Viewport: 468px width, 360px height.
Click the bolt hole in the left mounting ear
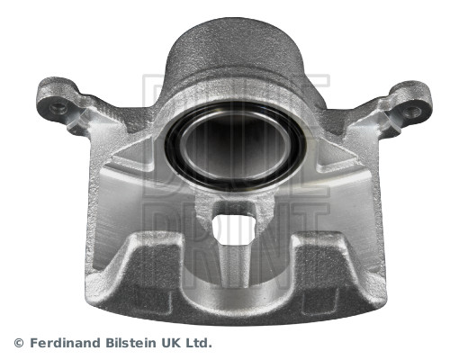coord(58,108)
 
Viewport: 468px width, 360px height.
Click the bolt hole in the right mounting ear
coord(411,112)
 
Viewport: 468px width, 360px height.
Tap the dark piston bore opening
coord(235,147)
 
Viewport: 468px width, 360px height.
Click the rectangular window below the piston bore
coord(234,229)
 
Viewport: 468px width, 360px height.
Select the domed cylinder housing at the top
coord(237,51)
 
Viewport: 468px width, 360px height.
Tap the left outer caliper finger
coord(138,270)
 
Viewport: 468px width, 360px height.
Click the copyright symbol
coord(19,343)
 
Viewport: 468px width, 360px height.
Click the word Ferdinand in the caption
coord(66,343)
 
